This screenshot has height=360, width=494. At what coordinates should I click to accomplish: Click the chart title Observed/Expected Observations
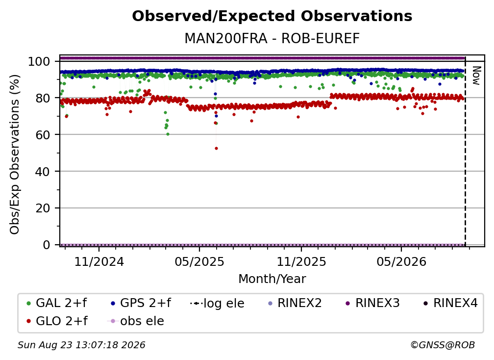(x=272, y=16)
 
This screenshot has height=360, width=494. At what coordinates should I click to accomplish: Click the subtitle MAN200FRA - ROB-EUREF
(x=272, y=39)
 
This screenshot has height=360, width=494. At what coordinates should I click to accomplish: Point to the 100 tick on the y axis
(x=39, y=61)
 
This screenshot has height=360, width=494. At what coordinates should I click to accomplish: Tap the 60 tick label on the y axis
(x=43, y=134)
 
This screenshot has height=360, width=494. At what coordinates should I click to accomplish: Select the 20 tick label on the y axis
(x=43, y=208)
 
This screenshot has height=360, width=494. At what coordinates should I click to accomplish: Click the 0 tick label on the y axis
(x=46, y=245)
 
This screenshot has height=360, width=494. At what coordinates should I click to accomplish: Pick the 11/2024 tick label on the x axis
(x=99, y=261)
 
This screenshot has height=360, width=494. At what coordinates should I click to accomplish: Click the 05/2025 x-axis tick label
(x=199, y=261)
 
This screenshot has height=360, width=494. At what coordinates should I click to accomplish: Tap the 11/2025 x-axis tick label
(x=301, y=261)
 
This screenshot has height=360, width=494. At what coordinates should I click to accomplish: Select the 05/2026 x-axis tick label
(x=401, y=261)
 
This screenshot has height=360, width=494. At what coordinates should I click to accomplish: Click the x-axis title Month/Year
(x=272, y=279)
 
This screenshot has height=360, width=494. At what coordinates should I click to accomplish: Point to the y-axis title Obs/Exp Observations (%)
(x=15, y=154)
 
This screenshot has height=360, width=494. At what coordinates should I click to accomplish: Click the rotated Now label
(x=476, y=76)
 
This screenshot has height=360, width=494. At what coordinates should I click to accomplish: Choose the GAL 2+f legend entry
(x=57, y=303)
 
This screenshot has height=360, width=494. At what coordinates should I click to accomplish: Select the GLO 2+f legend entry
(x=57, y=321)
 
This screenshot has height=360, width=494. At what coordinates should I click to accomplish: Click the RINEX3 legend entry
(x=372, y=303)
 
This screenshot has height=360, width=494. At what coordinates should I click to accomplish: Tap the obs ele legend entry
(x=136, y=321)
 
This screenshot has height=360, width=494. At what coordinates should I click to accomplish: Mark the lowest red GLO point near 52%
(x=216, y=149)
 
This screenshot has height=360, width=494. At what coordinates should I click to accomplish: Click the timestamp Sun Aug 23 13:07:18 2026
(x=81, y=345)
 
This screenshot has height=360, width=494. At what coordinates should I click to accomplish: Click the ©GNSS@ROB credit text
(x=443, y=345)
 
